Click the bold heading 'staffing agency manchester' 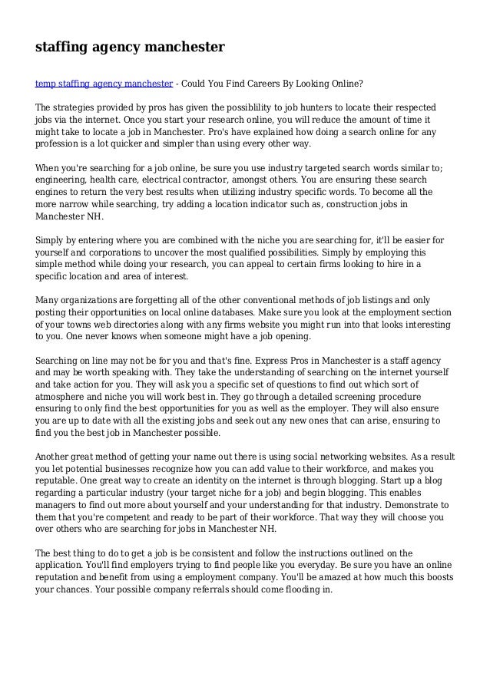(x=130, y=48)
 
